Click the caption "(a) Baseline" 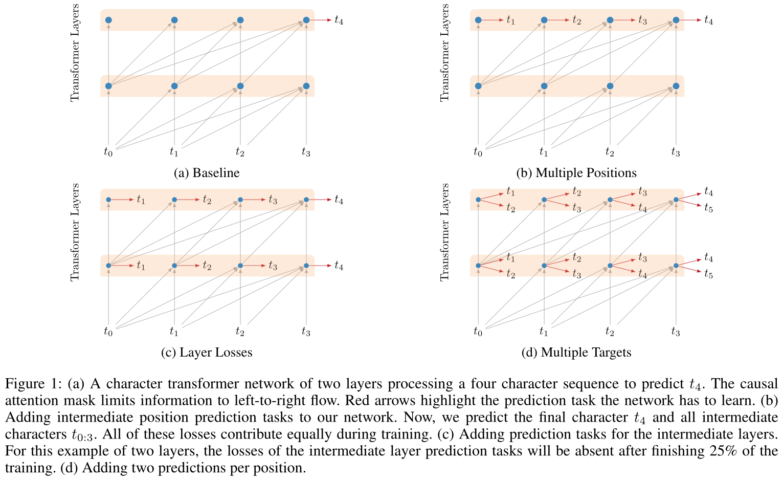click(207, 173)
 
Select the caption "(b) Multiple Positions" click(576, 173)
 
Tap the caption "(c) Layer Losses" click(207, 353)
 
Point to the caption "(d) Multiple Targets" click(576, 353)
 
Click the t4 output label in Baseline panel click(339, 20)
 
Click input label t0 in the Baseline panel click(108, 151)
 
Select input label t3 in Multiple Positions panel click(676, 151)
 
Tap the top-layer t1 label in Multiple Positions click(510, 20)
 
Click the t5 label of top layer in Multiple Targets click(708, 208)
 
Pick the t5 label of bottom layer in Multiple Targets click(708, 274)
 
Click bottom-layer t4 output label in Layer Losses click(339, 266)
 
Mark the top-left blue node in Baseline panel click(108, 20)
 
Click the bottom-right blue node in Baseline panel click(306, 86)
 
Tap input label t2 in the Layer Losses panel click(240, 332)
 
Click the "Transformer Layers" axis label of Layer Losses click(75, 232)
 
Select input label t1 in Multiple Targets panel click(544, 332)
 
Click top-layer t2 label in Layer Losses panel click(207, 200)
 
